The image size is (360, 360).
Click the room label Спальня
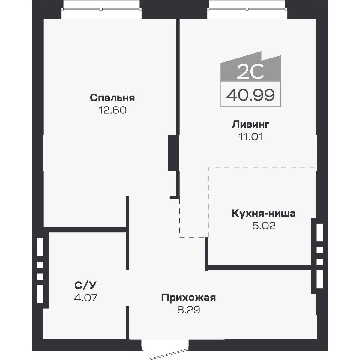[x=112, y=98]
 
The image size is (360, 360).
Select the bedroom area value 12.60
[x=112, y=110]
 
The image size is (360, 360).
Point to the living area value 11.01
[x=251, y=137]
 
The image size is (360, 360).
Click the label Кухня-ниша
[x=263, y=214]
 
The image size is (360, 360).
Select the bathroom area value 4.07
[x=85, y=298]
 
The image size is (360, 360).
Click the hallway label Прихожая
[x=188, y=298]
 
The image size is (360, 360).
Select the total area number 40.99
[x=250, y=95]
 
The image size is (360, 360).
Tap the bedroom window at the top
[x=102, y=9]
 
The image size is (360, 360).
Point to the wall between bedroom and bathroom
[x=87, y=230]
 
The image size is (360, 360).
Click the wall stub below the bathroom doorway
[x=127, y=322]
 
